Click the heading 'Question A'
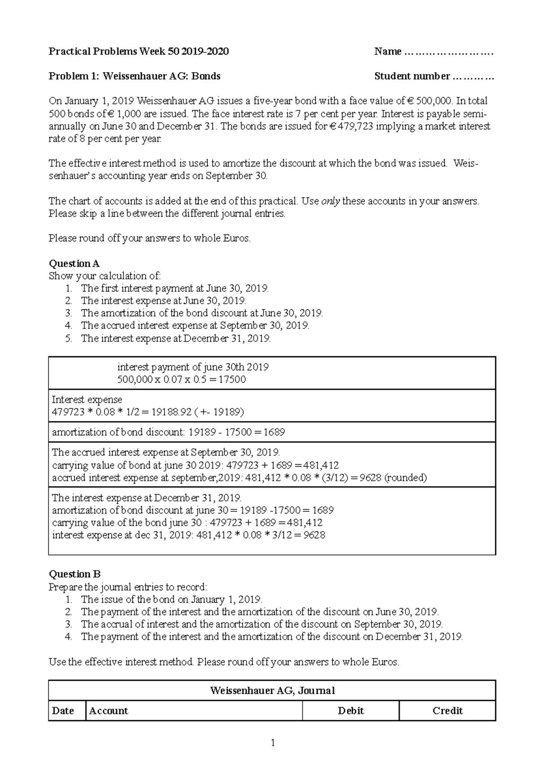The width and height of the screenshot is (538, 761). (x=74, y=264)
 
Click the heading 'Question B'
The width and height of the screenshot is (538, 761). (x=74, y=574)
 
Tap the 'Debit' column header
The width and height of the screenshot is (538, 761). (x=351, y=711)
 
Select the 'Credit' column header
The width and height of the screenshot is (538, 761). (x=447, y=711)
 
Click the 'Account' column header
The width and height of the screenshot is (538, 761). (x=108, y=711)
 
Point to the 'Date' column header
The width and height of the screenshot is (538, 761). (x=63, y=711)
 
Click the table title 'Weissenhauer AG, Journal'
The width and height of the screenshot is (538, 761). (x=272, y=691)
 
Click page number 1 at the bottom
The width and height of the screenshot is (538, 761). (x=272, y=743)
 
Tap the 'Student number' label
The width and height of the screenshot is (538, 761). (x=412, y=76)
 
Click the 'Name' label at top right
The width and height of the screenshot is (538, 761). (x=388, y=52)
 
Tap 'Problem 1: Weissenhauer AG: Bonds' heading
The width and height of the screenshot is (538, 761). (x=134, y=76)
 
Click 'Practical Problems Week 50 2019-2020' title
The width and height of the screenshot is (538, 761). (x=139, y=52)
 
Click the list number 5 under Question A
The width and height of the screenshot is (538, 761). (x=68, y=338)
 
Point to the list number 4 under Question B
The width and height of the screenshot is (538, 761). (x=68, y=636)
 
